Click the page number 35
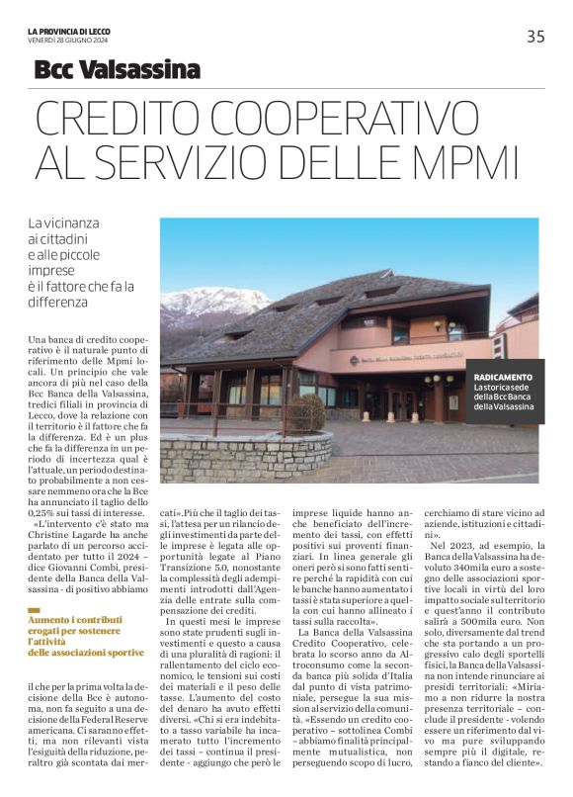click(x=535, y=37)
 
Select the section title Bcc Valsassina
click(x=117, y=69)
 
